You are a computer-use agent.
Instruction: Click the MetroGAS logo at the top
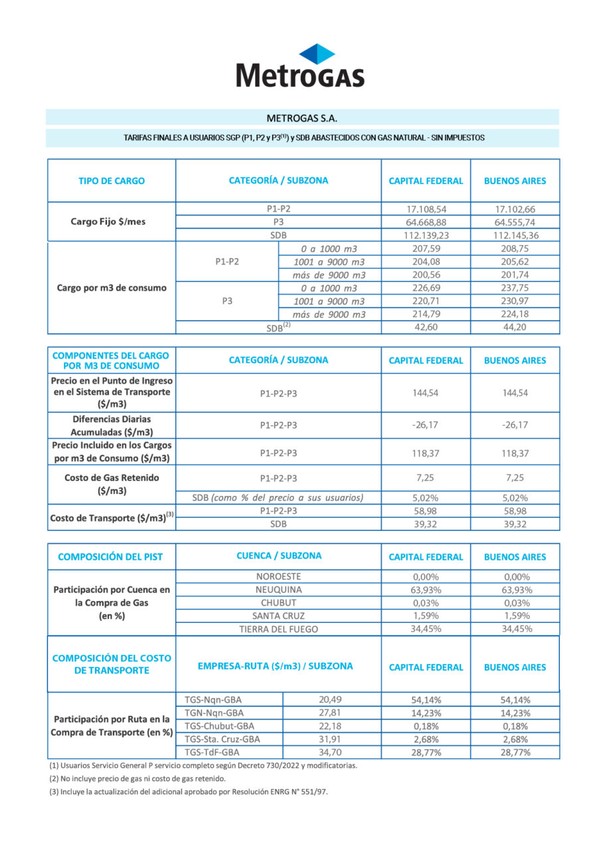[x=300, y=66]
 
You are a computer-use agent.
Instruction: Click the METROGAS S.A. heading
[x=302, y=118]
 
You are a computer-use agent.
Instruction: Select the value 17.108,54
[x=426, y=209]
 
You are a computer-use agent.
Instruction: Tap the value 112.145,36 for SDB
[x=515, y=235]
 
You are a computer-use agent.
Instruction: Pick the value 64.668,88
[x=426, y=222]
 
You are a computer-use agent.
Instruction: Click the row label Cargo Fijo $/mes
[x=108, y=222]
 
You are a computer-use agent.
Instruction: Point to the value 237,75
[x=515, y=288]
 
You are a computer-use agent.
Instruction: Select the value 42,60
[x=426, y=327]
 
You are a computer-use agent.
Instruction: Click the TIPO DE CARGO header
[x=112, y=181]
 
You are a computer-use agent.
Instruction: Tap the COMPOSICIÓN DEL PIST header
[x=110, y=556]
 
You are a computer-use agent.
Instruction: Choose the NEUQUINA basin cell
[x=278, y=590]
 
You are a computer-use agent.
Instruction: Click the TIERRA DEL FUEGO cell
[x=278, y=629]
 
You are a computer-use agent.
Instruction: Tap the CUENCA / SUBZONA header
[x=278, y=556]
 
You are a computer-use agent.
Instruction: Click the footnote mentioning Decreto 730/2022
[x=203, y=766]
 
